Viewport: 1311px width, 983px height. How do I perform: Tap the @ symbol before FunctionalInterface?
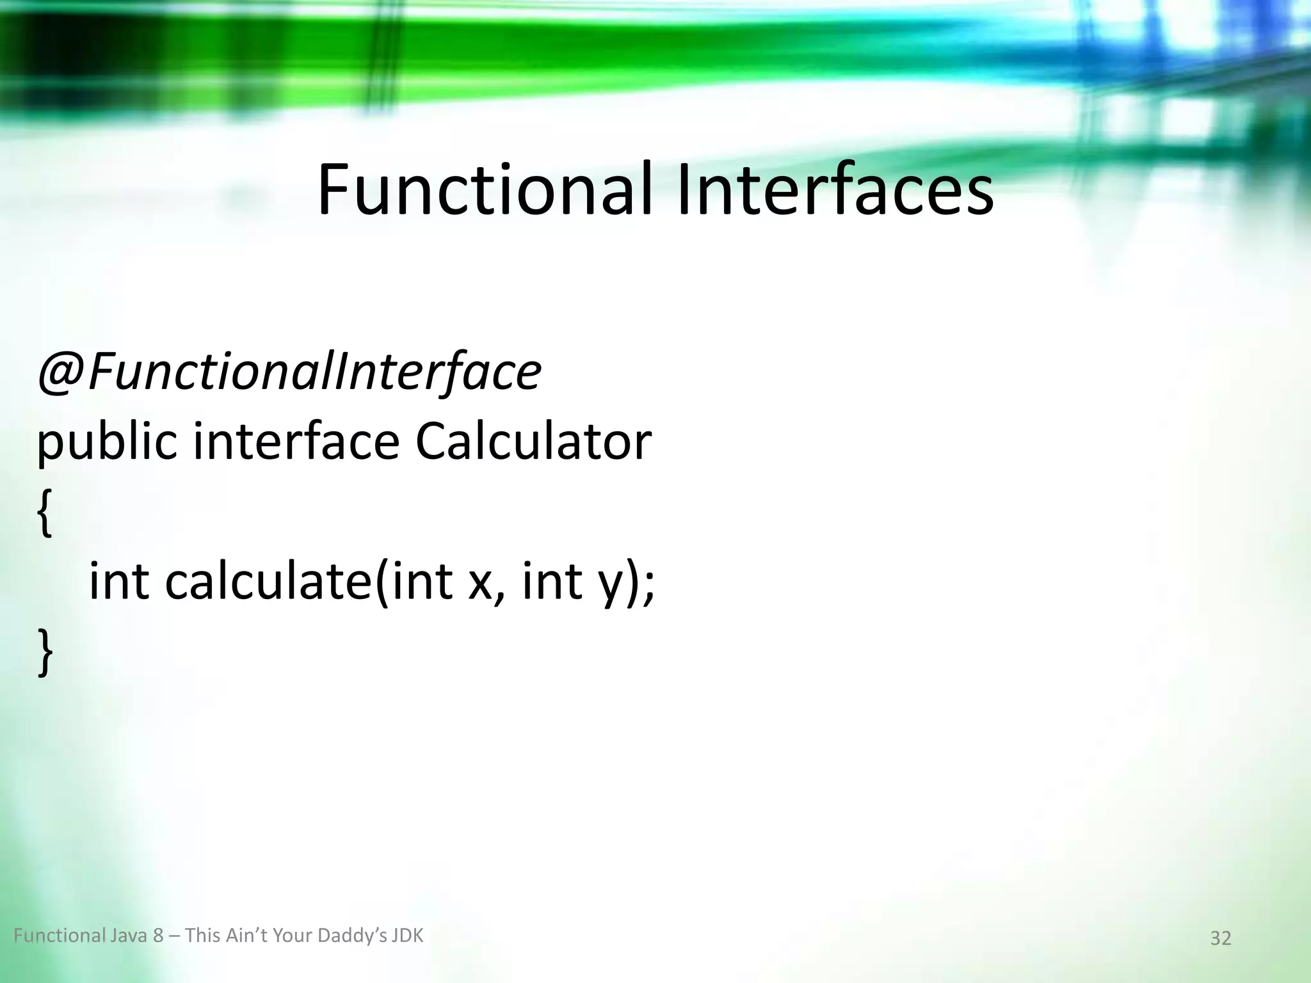(61, 372)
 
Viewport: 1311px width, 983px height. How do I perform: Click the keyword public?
(106, 443)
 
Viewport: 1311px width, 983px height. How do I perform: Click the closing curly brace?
(44, 651)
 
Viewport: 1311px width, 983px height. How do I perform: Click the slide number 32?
(1220, 938)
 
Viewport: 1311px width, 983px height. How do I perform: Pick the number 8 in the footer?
(158, 936)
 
